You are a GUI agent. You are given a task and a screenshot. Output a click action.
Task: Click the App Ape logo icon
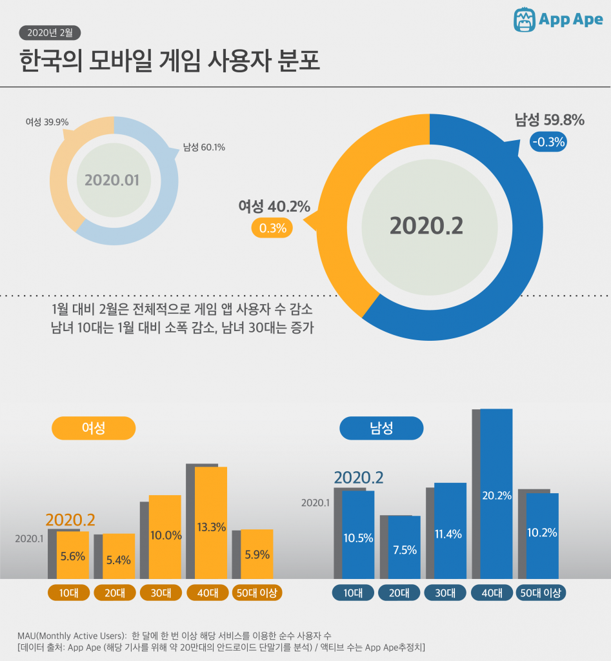tap(525, 19)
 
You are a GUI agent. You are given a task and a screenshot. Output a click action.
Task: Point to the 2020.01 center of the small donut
tap(112, 179)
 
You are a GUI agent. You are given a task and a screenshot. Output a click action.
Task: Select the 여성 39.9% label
tap(47, 122)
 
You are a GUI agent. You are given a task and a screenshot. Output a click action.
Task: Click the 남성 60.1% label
tap(204, 147)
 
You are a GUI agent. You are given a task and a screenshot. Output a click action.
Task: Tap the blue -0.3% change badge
tap(548, 142)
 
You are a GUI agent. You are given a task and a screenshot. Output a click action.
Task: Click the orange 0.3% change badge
tap(272, 228)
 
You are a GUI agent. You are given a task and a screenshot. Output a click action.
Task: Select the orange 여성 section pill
tap(94, 428)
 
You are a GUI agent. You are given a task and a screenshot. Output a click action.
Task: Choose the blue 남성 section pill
tap(381, 428)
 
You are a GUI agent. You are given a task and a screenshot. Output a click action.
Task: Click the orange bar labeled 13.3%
tap(211, 523)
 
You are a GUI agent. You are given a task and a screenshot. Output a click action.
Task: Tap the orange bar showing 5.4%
tap(119, 556)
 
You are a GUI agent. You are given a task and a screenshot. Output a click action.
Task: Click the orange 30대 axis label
tap(161, 593)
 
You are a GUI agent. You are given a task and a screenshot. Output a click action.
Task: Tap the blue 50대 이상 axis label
tap(541, 593)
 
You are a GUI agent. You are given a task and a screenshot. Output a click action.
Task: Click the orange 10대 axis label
tap(68, 593)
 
